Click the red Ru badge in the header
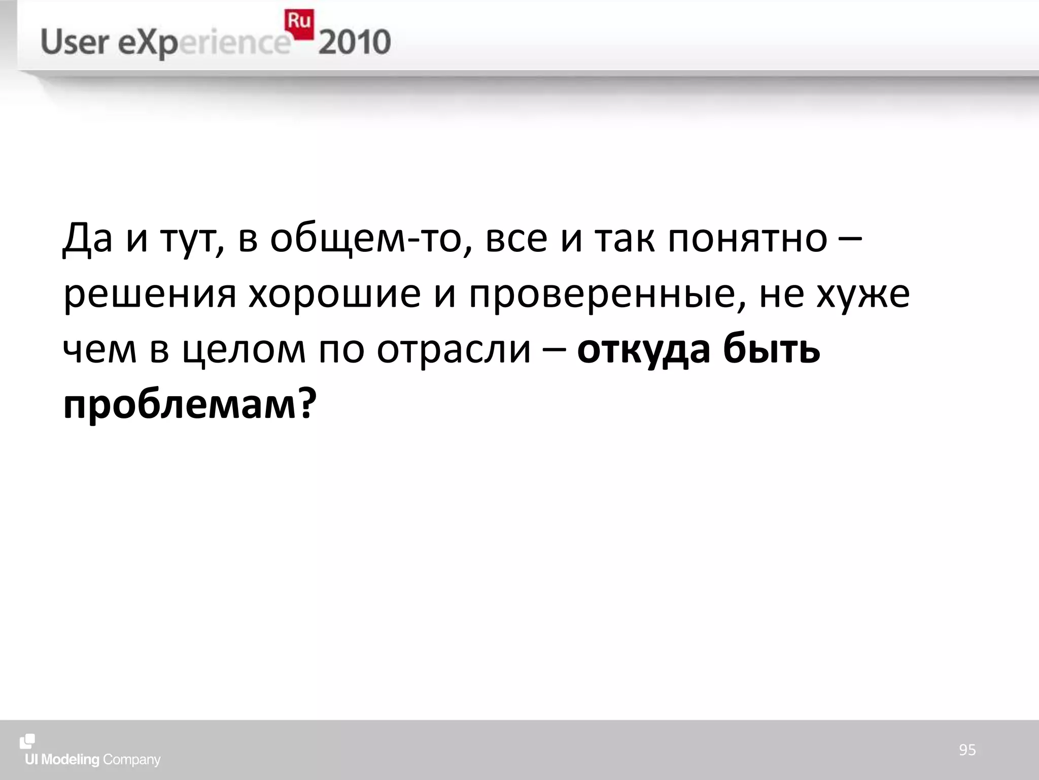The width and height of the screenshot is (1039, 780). coord(299,23)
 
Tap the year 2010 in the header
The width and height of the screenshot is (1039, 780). coord(355,43)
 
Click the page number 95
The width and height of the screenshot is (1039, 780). coord(967,750)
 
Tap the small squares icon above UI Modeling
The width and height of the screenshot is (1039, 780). coord(27,741)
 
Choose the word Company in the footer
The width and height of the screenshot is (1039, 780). coord(131,760)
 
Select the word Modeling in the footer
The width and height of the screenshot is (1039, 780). coord(70,760)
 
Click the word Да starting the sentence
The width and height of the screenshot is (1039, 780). coord(87,238)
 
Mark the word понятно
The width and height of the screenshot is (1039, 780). coord(747,238)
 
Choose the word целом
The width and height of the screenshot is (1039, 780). coord(244,350)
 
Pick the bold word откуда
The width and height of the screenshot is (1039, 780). coord(644,350)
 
